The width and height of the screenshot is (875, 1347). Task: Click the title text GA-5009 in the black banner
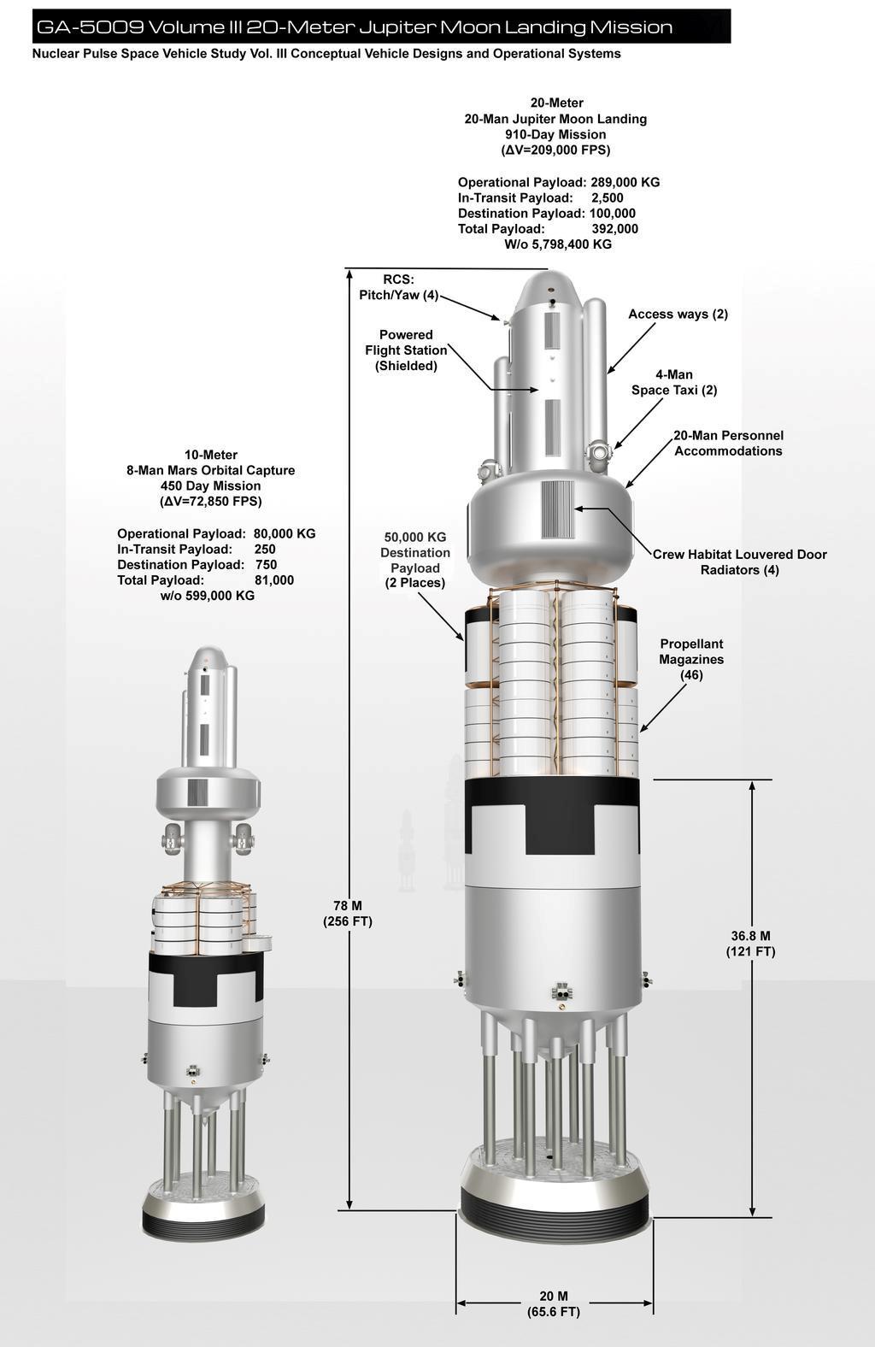(x=91, y=27)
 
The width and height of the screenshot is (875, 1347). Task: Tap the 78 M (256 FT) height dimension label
(x=348, y=914)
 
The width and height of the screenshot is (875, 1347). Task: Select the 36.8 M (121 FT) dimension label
(x=750, y=944)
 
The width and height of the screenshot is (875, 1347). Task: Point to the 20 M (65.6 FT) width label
(x=553, y=1303)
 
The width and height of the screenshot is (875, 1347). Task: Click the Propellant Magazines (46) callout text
(x=691, y=659)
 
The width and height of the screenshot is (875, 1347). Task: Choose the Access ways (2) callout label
(x=678, y=314)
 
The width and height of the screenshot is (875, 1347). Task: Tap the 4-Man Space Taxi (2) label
(x=674, y=382)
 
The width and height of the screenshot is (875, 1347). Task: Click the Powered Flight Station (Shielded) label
(x=406, y=350)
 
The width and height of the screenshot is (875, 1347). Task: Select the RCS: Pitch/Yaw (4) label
(x=399, y=287)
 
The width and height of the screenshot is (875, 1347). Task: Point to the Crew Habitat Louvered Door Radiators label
(x=740, y=562)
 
